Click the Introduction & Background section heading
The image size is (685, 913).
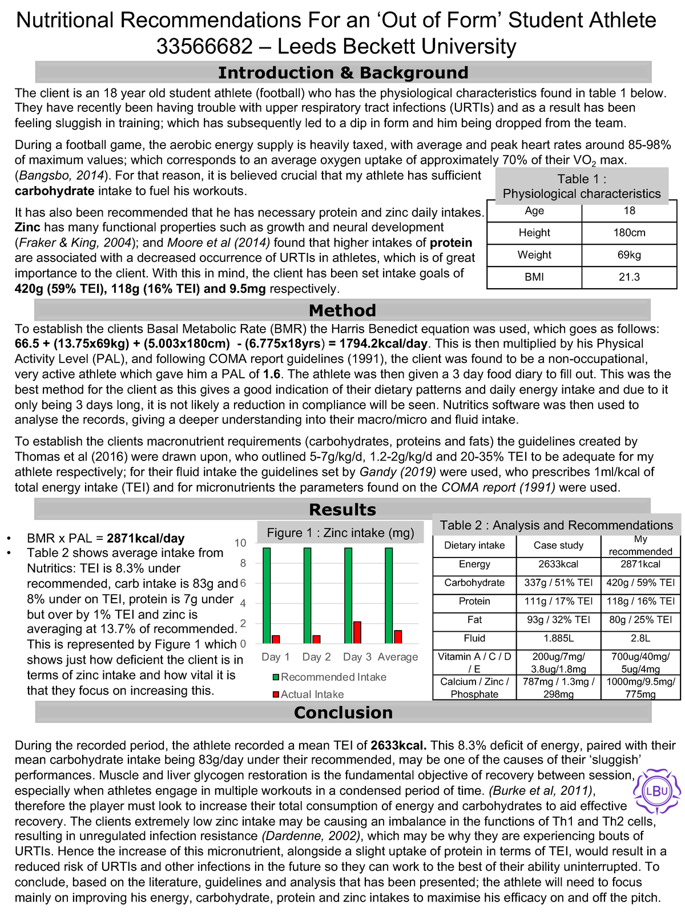[x=342, y=73]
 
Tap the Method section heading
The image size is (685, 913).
[x=342, y=310]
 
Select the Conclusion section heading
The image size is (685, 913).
[x=343, y=713]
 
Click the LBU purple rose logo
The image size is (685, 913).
[x=657, y=791]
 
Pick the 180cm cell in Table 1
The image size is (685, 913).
[x=629, y=233]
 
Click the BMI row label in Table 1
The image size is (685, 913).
[x=534, y=277]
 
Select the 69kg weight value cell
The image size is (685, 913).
[x=629, y=255]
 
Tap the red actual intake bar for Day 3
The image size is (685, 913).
[x=357, y=632]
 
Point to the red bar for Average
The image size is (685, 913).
[x=398, y=637]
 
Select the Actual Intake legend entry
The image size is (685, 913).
[x=312, y=694]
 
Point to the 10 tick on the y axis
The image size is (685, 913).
[x=241, y=543]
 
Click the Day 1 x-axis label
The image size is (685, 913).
[x=276, y=657]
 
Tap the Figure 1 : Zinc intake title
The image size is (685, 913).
[x=340, y=533]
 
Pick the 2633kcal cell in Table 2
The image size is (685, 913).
[x=558, y=564]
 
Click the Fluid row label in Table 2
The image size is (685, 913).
[x=474, y=639]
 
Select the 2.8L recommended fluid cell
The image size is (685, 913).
[x=640, y=639]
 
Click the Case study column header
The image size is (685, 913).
[x=558, y=546]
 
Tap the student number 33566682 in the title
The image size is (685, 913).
[x=204, y=47]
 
